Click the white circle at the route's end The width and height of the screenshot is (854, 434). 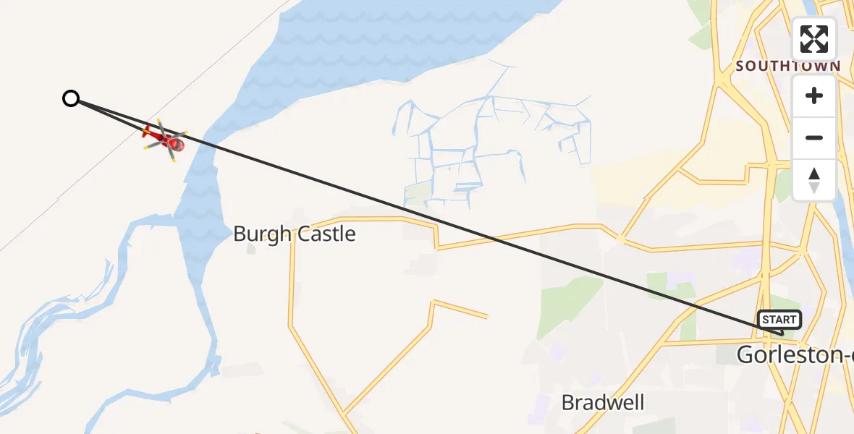pos(70,98)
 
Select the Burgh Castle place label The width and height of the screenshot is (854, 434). pos(294,234)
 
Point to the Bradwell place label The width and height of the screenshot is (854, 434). pos(603,402)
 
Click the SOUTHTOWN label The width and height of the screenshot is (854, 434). pos(787,66)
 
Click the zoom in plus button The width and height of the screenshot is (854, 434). pos(814,96)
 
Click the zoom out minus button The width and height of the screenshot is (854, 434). pos(814,138)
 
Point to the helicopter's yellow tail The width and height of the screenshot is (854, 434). pos(147,132)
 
